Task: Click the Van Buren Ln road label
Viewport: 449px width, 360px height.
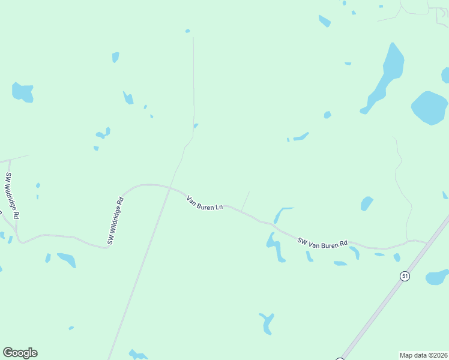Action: coord(205,203)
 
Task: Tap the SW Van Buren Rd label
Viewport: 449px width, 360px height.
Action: coord(322,242)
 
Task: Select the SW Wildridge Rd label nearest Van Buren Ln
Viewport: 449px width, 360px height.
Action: coord(115,221)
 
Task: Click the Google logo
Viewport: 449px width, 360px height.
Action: coord(20,353)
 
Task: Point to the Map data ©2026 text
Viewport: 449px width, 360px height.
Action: coord(423,355)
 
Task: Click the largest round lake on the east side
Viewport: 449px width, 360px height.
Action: coord(430,107)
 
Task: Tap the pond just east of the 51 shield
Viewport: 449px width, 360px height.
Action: coord(436,277)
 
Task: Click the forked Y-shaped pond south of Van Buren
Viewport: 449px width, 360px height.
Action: coord(267,322)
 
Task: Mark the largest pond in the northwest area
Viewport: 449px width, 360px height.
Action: coord(23,92)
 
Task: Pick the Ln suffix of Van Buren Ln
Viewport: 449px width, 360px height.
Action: coord(220,208)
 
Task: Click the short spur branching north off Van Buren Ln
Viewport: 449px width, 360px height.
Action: coord(246,200)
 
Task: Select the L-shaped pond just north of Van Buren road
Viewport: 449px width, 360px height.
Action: coord(281,214)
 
